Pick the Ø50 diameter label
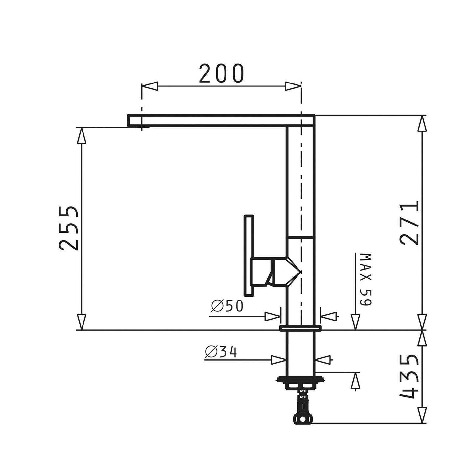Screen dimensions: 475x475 point(227,306)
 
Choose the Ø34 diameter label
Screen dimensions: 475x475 point(221,352)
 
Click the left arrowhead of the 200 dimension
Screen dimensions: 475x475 point(150,86)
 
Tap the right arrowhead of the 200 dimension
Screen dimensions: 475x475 point(293,86)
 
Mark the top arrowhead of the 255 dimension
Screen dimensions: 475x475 point(82,135)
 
